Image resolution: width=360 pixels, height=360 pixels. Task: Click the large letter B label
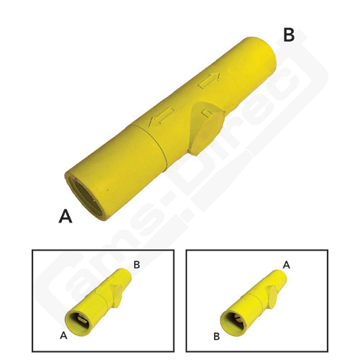[289, 33]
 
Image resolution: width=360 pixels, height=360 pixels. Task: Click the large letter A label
[66, 216]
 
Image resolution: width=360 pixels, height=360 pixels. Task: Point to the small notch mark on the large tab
[207, 112]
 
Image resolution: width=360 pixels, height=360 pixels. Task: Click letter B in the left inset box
[137, 266]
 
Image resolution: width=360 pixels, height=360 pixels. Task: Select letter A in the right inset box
[286, 266]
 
